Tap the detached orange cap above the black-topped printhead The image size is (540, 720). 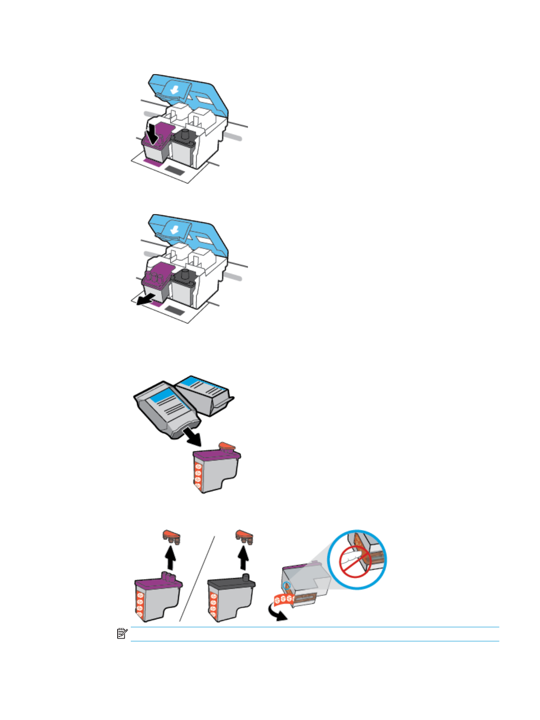tap(244, 536)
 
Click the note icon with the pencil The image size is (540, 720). tap(122, 634)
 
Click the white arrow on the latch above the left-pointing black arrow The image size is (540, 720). tap(173, 230)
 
